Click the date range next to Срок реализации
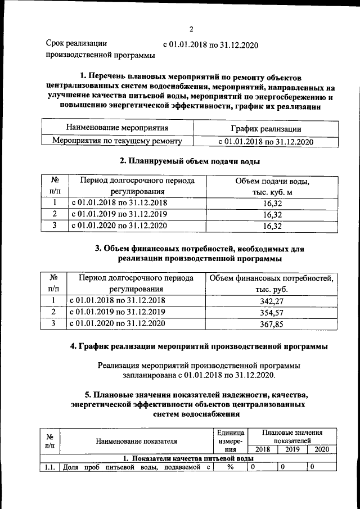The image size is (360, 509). point(209,44)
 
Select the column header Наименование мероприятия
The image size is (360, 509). point(117,128)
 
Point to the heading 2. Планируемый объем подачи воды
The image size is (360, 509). point(190,161)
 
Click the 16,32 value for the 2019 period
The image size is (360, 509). point(272,214)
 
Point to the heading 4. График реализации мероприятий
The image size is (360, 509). point(199,346)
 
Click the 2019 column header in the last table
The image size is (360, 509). point(292,449)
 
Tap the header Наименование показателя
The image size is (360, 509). point(136,441)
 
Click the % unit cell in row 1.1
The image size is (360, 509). point(230,466)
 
